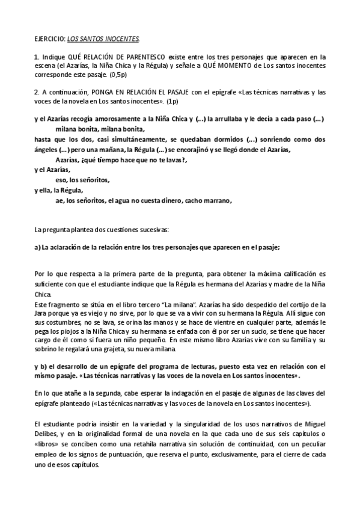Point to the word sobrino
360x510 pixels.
(49, 349)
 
